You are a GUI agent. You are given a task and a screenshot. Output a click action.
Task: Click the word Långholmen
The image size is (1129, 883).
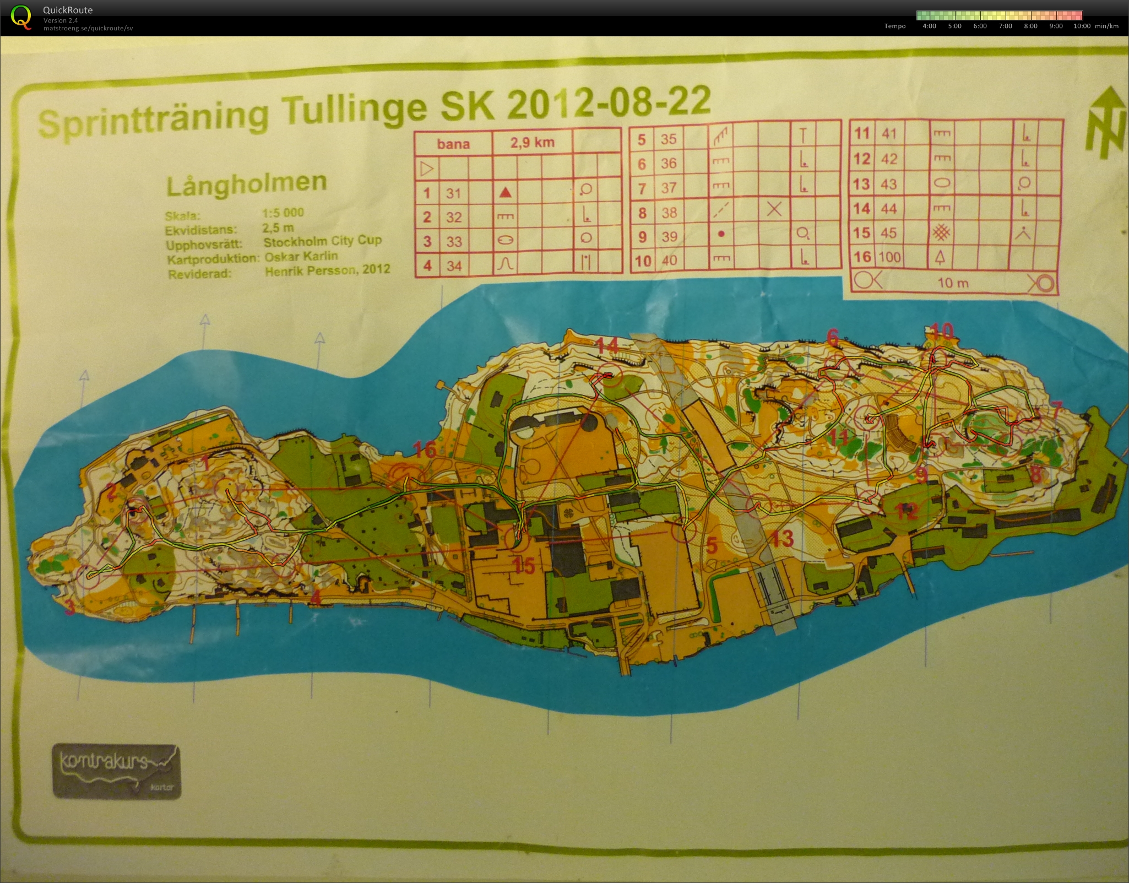[246, 184]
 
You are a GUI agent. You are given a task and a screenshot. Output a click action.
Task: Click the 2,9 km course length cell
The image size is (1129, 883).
[531, 143]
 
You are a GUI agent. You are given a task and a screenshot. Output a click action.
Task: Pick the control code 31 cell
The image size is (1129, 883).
[453, 193]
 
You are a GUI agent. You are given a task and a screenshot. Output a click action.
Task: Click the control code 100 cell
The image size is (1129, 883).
[889, 257]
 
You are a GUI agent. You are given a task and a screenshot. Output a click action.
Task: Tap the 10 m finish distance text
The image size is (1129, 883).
[953, 283]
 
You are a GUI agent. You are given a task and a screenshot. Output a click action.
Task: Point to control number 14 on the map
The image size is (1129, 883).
[607, 345]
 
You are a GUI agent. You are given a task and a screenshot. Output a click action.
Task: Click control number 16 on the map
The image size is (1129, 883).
[425, 450]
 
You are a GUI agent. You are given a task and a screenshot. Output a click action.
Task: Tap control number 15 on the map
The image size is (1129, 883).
[524, 566]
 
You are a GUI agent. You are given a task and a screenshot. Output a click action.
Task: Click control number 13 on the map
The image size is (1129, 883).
[781, 538]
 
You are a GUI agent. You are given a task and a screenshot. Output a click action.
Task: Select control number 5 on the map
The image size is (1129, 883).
[712, 546]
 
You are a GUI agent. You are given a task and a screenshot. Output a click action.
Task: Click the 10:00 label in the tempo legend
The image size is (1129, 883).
[1082, 26]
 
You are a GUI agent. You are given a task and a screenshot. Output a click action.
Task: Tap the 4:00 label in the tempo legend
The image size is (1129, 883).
[929, 26]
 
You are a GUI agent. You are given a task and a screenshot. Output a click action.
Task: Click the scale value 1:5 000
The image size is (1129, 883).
[283, 213]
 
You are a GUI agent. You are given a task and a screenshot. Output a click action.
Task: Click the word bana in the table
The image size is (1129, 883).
[453, 144]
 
